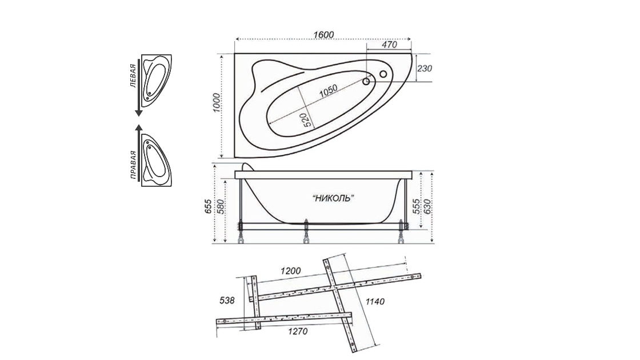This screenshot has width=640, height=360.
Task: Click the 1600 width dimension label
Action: [x=323, y=35]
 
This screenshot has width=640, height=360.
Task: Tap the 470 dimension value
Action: [x=389, y=45]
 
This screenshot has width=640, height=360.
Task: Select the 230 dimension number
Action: [x=425, y=68]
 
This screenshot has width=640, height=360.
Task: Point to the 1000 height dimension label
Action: [x=217, y=103]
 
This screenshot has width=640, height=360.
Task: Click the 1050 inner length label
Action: [x=328, y=91]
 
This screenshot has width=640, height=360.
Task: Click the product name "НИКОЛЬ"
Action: [x=333, y=198]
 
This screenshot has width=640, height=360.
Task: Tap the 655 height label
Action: [x=208, y=206]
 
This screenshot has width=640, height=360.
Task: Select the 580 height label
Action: [x=220, y=206]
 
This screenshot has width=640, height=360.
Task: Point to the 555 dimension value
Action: [x=416, y=206]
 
